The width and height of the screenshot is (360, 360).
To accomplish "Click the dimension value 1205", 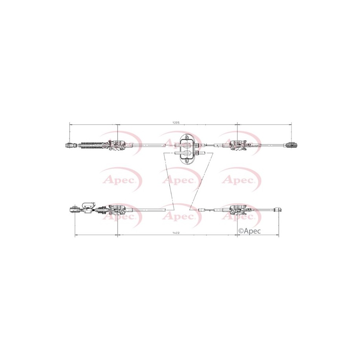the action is [175, 123].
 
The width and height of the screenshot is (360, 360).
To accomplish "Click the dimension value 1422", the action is [176, 233].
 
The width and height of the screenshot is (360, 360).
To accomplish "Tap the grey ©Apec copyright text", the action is [250, 231].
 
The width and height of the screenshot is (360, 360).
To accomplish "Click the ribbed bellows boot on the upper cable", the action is [91, 145].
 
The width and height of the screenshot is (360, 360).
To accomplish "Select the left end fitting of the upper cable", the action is [70, 145].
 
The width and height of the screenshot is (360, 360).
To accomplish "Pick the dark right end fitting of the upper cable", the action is [292, 145].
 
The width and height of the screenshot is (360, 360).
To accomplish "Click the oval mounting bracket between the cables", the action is [187, 149].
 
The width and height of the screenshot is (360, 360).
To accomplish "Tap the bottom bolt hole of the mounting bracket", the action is [187, 161].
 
